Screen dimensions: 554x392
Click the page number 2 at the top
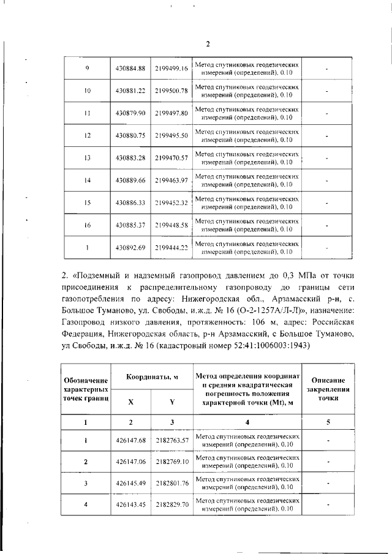tap(207, 43)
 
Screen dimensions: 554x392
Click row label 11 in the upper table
tap(87, 113)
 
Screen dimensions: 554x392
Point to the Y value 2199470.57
tap(171, 158)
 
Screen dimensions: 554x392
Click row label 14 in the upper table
tap(87, 181)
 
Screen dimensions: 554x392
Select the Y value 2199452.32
tap(171, 203)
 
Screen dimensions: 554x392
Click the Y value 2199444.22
tap(171, 248)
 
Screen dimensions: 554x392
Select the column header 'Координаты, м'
tap(151, 377)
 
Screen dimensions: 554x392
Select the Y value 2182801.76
tap(171, 483)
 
